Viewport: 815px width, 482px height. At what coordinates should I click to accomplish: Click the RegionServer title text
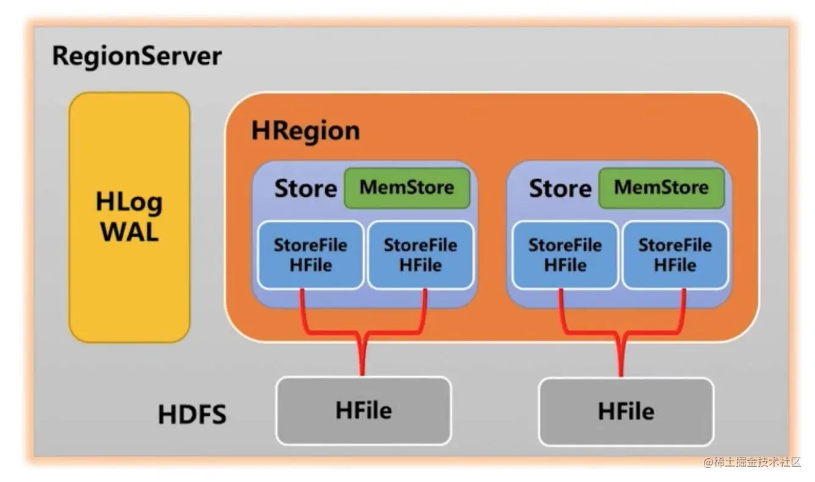(x=137, y=57)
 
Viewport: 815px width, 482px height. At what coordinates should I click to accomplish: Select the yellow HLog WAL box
(x=129, y=217)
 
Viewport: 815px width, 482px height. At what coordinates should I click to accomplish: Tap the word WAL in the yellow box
(x=129, y=232)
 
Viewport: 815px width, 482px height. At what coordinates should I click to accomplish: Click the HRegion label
(x=305, y=132)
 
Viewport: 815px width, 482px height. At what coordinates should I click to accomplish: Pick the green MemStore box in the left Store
(x=407, y=188)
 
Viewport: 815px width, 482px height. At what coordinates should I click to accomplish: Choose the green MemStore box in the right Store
(x=661, y=188)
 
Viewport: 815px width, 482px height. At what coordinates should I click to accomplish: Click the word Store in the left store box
(x=306, y=189)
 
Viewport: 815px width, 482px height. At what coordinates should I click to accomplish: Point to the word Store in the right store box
(x=560, y=189)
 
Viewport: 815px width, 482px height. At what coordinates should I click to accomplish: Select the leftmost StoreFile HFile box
(x=310, y=255)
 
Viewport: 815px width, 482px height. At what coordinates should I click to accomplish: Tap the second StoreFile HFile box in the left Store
(x=421, y=255)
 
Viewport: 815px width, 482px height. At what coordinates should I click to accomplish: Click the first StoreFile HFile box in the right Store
(x=565, y=255)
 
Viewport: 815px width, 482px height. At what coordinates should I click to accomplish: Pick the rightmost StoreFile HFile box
(x=675, y=255)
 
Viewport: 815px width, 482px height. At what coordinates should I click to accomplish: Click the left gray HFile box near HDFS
(x=364, y=411)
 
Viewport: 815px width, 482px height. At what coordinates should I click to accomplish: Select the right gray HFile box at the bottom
(x=626, y=411)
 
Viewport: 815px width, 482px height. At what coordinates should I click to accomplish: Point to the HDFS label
(x=192, y=414)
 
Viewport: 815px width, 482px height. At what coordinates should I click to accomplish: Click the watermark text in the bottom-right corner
(x=752, y=462)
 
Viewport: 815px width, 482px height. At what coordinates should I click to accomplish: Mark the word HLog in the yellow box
(x=129, y=202)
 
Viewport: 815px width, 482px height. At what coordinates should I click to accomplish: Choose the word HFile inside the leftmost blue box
(x=311, y=265)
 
